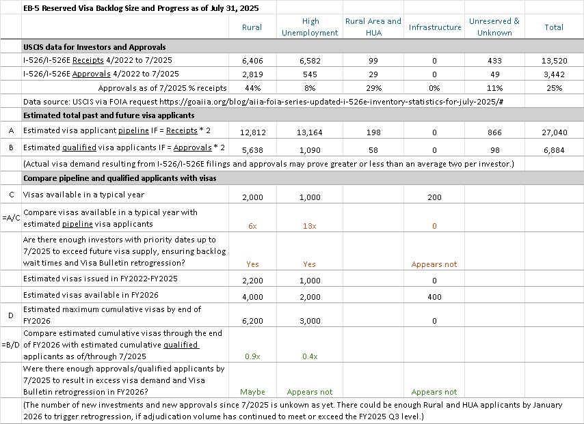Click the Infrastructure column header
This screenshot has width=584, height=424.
435,27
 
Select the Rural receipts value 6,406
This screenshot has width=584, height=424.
252,61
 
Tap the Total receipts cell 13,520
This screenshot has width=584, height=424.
554,61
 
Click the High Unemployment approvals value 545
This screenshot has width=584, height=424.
310,74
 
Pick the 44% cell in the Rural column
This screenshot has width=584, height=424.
252,88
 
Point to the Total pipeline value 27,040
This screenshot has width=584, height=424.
554,130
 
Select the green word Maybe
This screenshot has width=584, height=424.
252,392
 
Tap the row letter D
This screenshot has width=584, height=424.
11,315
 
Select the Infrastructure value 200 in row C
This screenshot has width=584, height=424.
435,197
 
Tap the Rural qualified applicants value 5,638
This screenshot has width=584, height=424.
252,150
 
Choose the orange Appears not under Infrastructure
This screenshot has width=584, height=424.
435,264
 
